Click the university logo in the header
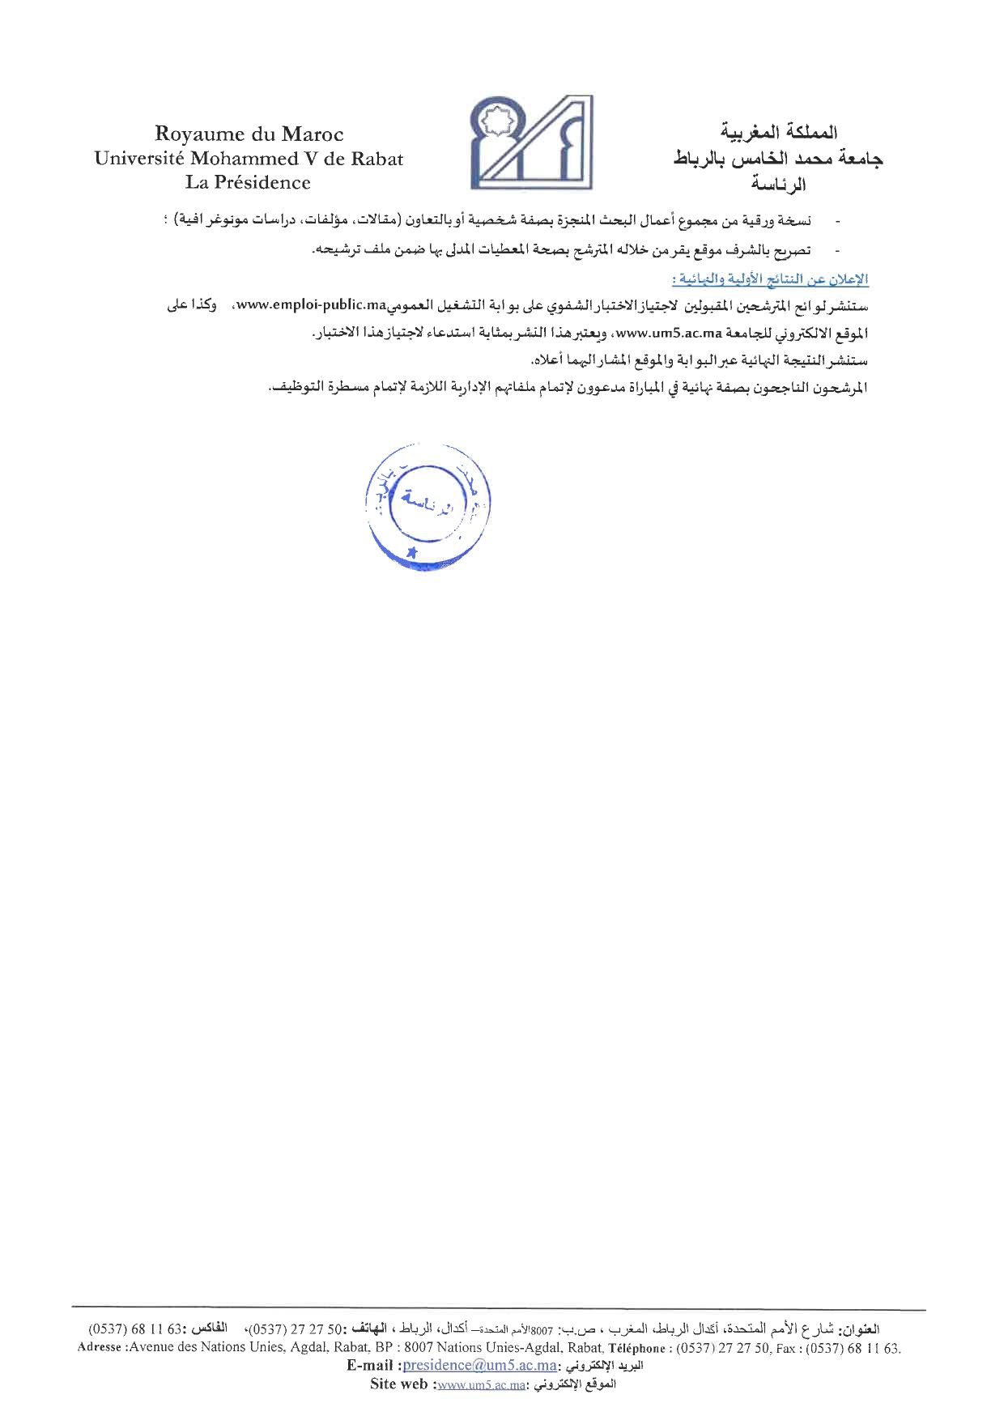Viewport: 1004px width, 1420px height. (x=530, y=142)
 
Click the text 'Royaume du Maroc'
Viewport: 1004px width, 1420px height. (x=249, y=134)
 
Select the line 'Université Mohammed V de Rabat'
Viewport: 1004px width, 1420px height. (x=249, y=159)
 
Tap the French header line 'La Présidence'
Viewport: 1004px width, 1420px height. (x=248, y=182)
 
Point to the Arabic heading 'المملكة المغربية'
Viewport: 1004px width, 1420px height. (x=778, y=132)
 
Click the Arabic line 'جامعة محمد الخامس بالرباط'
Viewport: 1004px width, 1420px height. (x=778, y=159)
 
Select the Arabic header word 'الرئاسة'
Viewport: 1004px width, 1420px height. (x=778, y=185)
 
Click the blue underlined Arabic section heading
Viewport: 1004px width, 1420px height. (x=770, y=279)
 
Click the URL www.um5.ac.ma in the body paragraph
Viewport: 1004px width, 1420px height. (x=669, y=333)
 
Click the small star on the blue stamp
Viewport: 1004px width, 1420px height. (x=411, y=552)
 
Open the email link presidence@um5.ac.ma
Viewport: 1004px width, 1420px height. (x=479, y=1365)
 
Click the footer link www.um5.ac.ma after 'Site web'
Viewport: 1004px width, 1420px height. (x=481, y=1384)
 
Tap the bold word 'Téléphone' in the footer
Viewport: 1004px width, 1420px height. (x=636, y=1348)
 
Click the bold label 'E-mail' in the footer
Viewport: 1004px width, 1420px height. (x=371, y=1365)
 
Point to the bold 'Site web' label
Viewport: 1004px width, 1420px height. (x=398, y=1384)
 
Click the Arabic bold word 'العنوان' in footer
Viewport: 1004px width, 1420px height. (x=861, y=1329)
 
